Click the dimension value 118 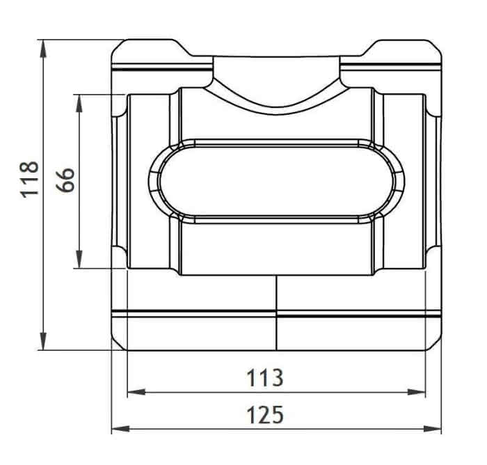point(30,180)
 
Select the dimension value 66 point(65,180)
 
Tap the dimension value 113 point(264,378)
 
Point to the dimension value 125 point(265,415)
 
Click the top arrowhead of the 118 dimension point(43,49)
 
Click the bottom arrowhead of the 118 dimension point(43,341)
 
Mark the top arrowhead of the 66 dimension point(79,103)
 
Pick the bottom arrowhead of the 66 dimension point(79,259)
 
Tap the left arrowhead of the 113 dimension point(136,392)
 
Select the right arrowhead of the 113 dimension point(417,392)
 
